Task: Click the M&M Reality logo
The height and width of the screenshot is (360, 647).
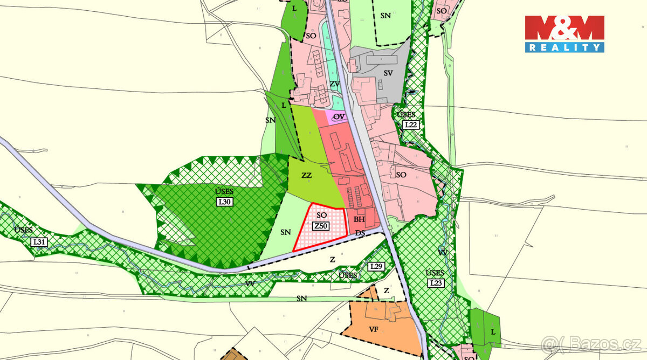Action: point(565,33)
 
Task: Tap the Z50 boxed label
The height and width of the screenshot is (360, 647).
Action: point(322,226)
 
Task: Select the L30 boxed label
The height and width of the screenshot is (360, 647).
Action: point(224,202)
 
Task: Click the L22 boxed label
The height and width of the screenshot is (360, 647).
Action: point(411,124)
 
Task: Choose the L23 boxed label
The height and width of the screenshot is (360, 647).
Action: point(436,283)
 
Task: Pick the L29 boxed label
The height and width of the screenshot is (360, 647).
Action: point(376,266)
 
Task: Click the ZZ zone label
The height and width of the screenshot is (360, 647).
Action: point(307,176)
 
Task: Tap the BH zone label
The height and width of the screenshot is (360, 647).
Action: point(360,219)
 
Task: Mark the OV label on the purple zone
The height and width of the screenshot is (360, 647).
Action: point(339,117)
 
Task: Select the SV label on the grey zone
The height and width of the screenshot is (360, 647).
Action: point(387,72)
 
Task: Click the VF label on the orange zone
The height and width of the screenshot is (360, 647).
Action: point(373,328)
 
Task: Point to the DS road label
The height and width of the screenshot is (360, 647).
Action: point(360,233)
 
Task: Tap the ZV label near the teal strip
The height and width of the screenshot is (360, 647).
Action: point(334,84)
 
